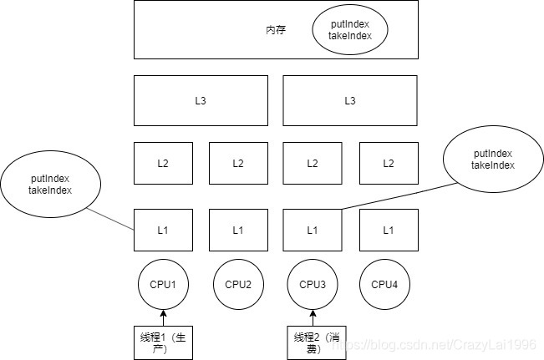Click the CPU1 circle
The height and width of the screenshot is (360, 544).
coord(163,284)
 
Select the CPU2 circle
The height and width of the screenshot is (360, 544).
coord(238,284)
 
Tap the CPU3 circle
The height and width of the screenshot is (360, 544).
coord(313,284)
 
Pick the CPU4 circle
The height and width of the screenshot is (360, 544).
coord(388,284)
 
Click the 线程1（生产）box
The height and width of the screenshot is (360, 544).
coord(163,343)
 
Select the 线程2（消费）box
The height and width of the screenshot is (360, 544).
coord(313,343)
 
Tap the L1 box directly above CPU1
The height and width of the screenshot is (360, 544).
coord(163,230)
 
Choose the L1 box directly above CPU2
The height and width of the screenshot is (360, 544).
coord(238,230)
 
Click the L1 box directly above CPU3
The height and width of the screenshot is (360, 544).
coord(313,230)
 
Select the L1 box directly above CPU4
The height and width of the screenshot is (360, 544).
coord(388,230)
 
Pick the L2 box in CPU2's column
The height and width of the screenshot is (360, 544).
coord(238,164)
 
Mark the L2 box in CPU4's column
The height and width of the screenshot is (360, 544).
coord(388,164)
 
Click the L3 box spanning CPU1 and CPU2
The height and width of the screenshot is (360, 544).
coord(201,101)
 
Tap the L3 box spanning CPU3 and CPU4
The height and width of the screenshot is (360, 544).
coord(350,101)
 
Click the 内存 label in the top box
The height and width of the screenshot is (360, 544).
coord(277,29)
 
